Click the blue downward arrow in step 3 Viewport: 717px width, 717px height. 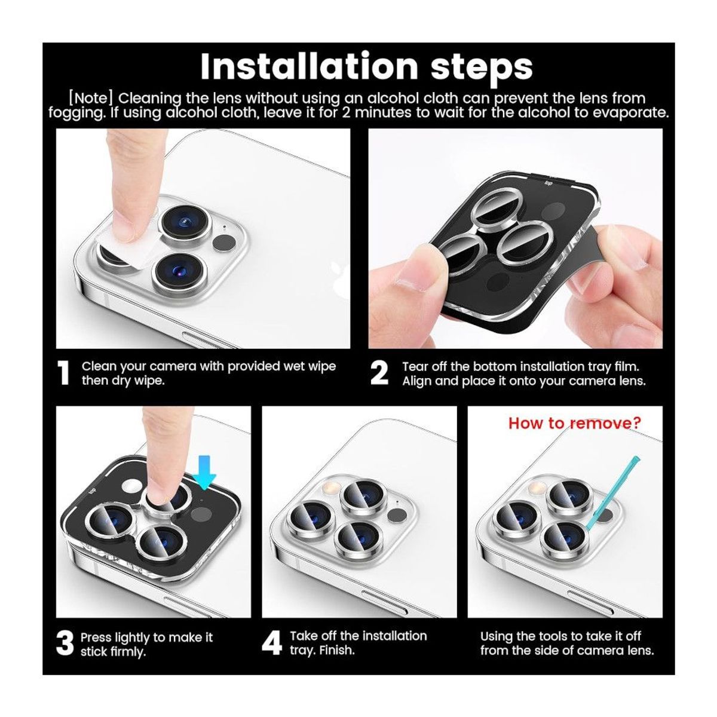pos(204,472)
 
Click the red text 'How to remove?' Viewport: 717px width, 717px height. pos(574,423)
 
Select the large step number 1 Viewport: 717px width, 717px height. pos(64,373)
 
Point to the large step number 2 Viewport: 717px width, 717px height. pos(379,373)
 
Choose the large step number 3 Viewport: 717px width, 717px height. pos(65,644)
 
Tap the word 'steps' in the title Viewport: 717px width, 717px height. pos(482,69)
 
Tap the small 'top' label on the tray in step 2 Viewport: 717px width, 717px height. pos(549,183)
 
